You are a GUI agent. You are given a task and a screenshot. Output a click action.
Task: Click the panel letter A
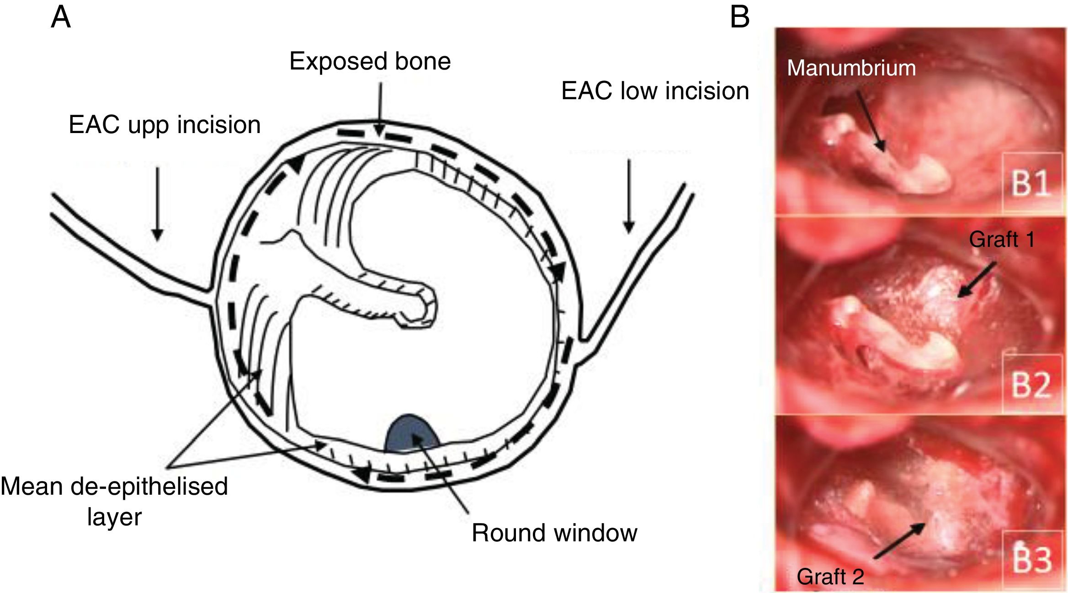tap(61, 18)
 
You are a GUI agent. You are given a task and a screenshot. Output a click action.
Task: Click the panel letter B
tap(740, 18)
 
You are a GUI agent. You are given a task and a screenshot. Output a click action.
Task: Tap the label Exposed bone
tap(370, 61)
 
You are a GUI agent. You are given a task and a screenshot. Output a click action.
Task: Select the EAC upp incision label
tap(165, 125)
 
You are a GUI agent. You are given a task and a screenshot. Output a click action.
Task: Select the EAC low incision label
tap(655, 91)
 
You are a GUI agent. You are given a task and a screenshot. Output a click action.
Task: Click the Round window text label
tap(554, 533)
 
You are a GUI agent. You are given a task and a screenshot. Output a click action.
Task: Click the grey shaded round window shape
tap(411, 434)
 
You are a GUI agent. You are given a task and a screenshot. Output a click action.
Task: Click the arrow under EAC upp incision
tap(157, 203)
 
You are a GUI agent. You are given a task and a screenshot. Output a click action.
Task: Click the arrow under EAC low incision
tap(629, 197)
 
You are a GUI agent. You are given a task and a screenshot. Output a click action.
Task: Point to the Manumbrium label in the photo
tap(851, 68)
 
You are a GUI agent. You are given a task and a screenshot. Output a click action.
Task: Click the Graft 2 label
tap(830, 577)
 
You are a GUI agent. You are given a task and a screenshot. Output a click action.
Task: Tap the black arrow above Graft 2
tap(899, 541)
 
